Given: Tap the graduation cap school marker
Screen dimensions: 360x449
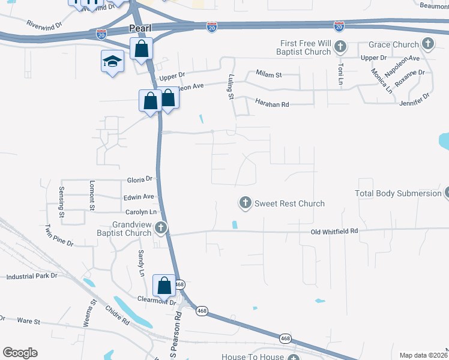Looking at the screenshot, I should [x=112, y=61].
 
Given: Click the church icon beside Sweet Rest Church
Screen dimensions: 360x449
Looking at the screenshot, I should [x=245, y=203].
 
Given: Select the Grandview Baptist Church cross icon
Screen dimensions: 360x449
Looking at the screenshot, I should [x=160, y=227].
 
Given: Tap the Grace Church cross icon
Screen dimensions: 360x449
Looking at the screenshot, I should [x=427, y=44].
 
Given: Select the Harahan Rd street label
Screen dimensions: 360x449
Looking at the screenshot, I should [x=272, y=104].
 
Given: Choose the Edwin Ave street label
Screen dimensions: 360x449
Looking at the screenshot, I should [x=139, y=196].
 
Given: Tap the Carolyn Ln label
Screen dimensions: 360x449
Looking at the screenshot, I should [x=140, y=212].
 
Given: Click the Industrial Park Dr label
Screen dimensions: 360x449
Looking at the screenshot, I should [x=31, y=276].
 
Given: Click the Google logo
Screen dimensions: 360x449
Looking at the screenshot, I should [x=20, y=353].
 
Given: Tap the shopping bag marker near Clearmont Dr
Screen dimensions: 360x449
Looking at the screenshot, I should [x=164, y=286].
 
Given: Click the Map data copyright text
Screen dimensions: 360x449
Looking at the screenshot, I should [x=423, y=355].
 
